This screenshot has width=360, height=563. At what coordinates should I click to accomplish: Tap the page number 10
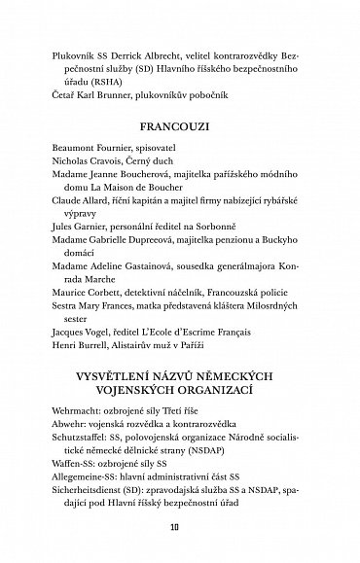click(x=179, y=528)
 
